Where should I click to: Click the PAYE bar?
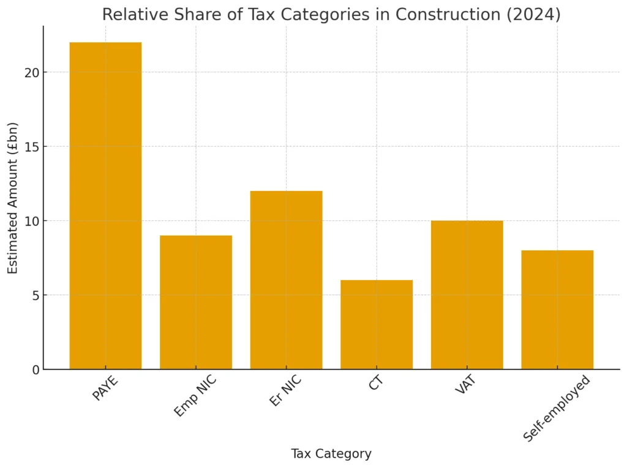pyautogui.click(x=105, y=206)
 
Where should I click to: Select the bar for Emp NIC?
pyautogui.click(x=196, y=302)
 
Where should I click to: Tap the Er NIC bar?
pyautogui.click(x=286, y=280)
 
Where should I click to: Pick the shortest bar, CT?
pyautogui.click(x=377, y=324)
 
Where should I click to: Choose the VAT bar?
pyautogui.click(x=467, y=295)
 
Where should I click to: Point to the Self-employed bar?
pyautogui.click(x=557, y=310)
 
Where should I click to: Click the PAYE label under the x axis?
pyautogui.click(x=105, y=388)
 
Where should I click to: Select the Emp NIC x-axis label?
pyautogui.click(x=195, y=397)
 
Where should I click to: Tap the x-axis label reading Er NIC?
pyautogui.click(x=286, y=392)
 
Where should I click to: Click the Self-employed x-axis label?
pyautogui.click(x=557, y=408)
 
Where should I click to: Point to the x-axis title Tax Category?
pyautogui.click(x=331, y=454)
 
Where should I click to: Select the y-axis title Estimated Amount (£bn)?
pyautogui.click(x=13, y=198)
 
